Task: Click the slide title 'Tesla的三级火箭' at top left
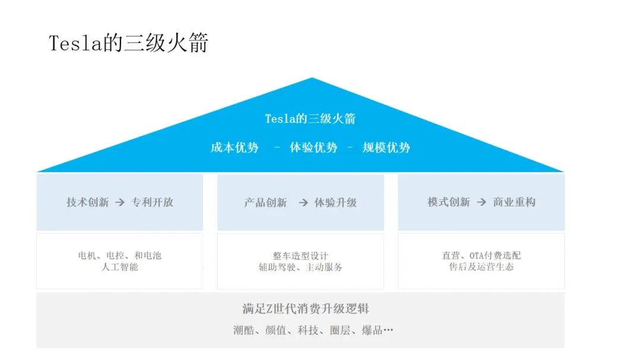tap(129, 43)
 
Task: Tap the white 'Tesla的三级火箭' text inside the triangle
tap(310, 119)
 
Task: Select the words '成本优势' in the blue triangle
tap(234, 148)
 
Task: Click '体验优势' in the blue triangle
tap(313, 148)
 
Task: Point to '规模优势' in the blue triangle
tap(386, 148)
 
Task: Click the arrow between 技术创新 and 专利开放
tap(120, 202)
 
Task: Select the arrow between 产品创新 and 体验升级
tap(303, 203)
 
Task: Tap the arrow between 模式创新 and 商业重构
tap(481, 202)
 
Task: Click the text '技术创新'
tap(87, 202)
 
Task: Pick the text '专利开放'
tap(153, 202)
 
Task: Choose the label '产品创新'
tap(266, 203)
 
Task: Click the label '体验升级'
tap(335, 203)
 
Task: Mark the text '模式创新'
tap(449, 202)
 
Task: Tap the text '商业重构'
tap(514, 202)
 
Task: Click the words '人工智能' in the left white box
tap(120, 267)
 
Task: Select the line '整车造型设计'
tap(300, 256)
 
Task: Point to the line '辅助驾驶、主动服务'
tap(300, 267)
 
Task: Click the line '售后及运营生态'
tap(481, 267)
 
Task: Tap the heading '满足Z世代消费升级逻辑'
tap(306, 309)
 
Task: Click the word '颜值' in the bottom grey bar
tap(276, 330)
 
